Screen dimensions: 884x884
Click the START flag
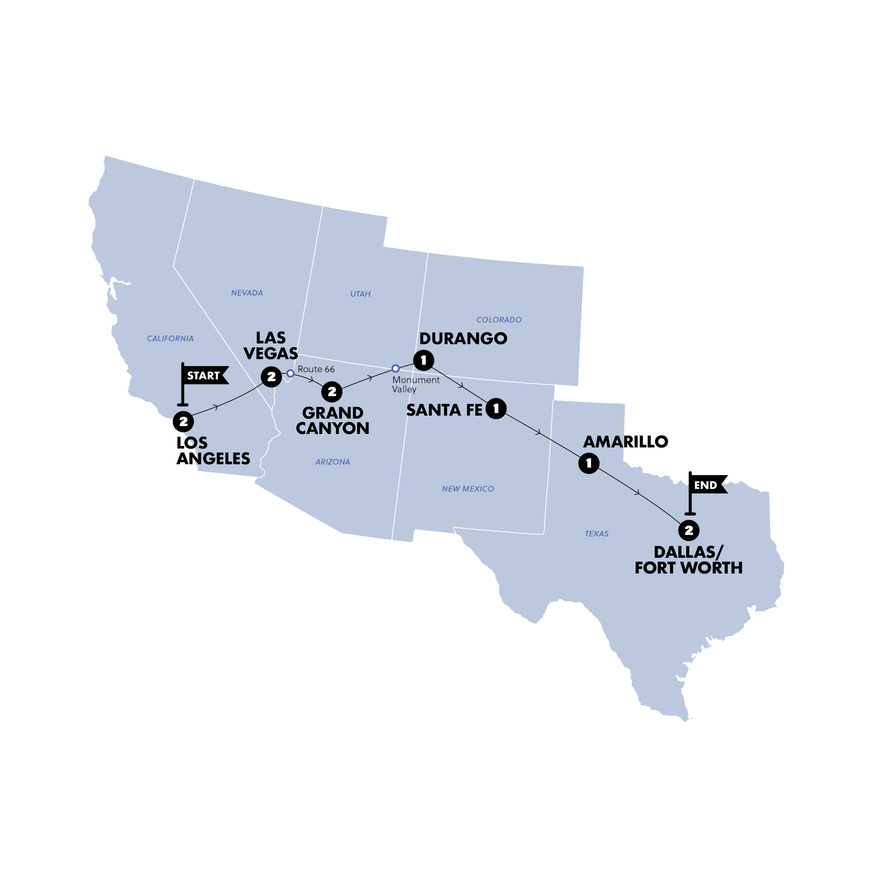tap(204, 376)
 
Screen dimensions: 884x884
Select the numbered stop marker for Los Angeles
tap(183, 421)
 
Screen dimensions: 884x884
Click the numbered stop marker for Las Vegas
tap(271, 377)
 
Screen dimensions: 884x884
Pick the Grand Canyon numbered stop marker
tap(332, 392)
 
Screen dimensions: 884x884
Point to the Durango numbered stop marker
tap(423, 361)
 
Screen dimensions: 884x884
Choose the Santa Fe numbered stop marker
tap(496, 409)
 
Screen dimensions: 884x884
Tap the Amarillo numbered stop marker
tap(589, 463)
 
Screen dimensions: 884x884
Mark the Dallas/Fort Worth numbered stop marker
tap(689, 530)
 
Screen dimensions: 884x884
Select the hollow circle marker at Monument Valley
tap(395, 368)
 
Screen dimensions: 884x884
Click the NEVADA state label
tap(247, 293)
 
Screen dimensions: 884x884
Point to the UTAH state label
tap(360, 294)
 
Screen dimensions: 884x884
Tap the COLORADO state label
tap(499, 320)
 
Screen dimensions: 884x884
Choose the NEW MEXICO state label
tap(468, 489)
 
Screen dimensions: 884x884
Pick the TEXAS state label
tap(596, 533)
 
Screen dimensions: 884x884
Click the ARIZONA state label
tap(333, 462)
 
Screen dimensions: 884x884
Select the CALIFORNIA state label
tap(170, 339)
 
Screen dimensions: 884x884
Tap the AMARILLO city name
tap(625, 441)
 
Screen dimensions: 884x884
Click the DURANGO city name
tap(463, 339)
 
